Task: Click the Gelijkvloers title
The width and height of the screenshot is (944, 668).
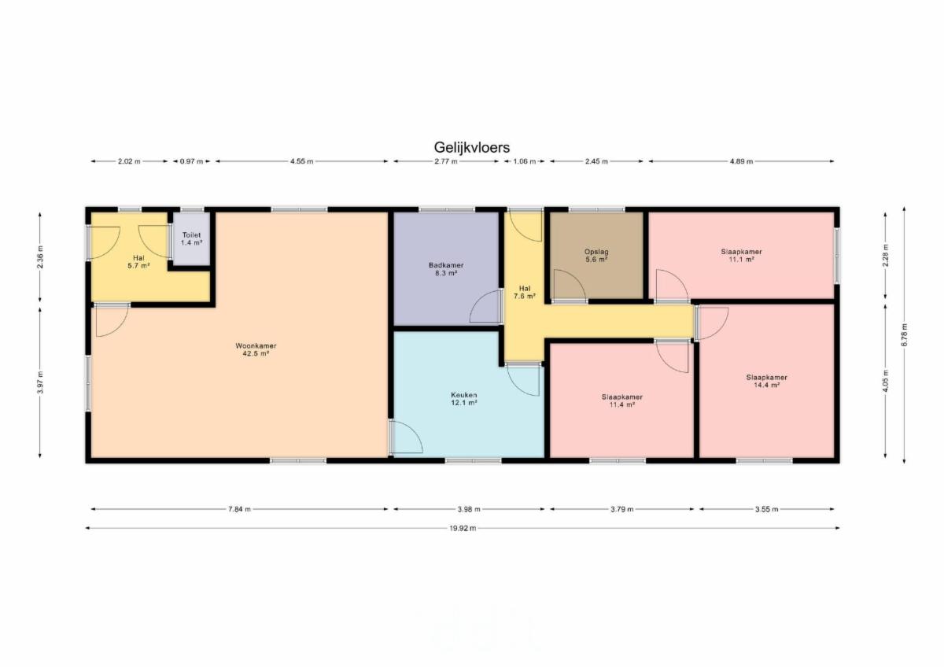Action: pos(471,147)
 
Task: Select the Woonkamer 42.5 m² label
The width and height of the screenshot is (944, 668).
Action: pos(256,350)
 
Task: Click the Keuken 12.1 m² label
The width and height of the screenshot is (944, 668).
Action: pos(464,399)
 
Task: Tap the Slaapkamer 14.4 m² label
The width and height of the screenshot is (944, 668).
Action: pos(766,381)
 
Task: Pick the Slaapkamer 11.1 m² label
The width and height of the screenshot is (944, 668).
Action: pos(741,256)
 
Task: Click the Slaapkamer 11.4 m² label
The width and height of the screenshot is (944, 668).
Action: pos(622,400)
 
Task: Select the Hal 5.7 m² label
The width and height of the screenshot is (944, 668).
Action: pos(138,262)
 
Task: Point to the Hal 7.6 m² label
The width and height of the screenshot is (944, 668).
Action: pos(525,292)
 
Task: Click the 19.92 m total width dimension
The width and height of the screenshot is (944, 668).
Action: pos(463,528)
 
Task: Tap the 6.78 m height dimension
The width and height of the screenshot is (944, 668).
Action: pos(905,335)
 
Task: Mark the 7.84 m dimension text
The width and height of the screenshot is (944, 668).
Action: pos(239,509)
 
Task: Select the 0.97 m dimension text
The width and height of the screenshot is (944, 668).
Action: pos(191,161)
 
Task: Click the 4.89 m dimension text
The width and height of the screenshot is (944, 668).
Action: pos(741,161)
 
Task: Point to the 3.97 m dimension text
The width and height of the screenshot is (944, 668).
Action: pos(40,382)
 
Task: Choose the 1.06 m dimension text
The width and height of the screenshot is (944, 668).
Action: pos(524,161)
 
